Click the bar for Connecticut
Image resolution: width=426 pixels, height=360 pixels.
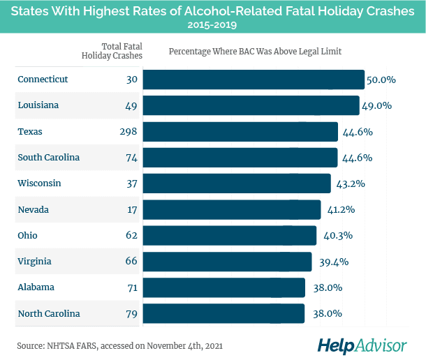pos(254,80)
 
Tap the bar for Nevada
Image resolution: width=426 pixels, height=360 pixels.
pos(232,209)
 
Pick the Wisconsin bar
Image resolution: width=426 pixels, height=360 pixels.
pos(237,183)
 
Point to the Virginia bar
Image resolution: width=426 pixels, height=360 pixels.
pos(227,262)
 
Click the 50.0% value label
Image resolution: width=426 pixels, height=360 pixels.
pos(381,80)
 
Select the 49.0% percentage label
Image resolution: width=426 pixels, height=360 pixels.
pos(377,105)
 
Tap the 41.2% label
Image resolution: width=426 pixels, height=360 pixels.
pos(339,209)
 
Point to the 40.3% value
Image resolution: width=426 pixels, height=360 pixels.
pos(335,236)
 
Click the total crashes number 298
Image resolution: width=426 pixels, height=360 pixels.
pos(128,132)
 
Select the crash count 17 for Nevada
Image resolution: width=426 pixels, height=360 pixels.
pos(132,209)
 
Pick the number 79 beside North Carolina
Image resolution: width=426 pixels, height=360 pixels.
pos(131,313)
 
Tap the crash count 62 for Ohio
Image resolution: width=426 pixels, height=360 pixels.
pos(131,236)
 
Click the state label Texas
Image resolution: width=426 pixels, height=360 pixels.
pos(30,132)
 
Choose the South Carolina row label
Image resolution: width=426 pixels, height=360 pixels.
pos(48,158)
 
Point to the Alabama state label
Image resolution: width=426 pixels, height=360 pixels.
pos(36,287)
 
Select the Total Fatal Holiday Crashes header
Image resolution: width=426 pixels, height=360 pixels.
pos(112,50)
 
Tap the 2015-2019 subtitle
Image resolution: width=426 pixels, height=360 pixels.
pos(212,25)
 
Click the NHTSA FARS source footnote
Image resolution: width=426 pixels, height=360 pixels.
pos(120,345)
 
